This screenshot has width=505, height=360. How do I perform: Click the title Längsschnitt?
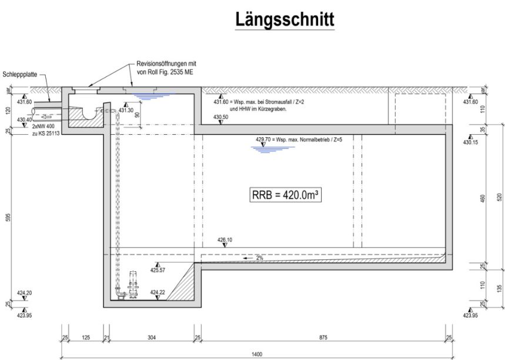click(285, 20)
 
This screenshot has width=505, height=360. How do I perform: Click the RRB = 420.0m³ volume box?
click(285, 195)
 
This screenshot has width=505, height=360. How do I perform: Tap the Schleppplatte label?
click(20, 75)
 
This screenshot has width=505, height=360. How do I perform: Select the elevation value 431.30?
click(126, 110)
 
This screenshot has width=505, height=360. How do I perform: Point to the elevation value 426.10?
click(225, 240)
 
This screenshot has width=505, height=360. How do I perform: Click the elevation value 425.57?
click(158, 270)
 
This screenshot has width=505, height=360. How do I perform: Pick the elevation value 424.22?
click(158, 292)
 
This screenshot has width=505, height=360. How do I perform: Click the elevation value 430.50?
click(220, 117)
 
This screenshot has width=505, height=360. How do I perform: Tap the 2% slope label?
click(260, 258)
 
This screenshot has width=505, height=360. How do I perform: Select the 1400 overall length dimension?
click(257, 355)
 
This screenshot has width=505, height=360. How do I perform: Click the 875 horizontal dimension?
click(323, 338)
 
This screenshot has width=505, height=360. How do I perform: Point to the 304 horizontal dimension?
click(151, 338)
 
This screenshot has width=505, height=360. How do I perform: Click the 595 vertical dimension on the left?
click(8, 218)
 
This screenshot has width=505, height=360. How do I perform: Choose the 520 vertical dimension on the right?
click(500, 197)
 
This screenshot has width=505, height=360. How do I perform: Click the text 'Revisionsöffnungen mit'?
click(166, 64)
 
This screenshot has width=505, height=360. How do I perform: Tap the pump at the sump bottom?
click(133, 285)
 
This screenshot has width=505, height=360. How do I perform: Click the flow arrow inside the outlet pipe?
click(46, 116)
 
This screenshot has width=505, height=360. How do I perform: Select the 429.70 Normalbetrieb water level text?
click(299, 139)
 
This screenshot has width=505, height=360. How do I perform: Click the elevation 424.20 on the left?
click(25, 293)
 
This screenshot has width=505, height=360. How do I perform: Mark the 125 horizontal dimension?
click(86, 338)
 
